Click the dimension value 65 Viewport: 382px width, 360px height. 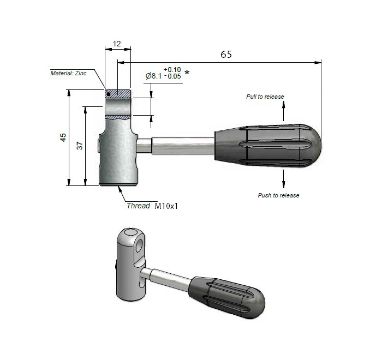[225, 54]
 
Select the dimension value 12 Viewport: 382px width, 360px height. [117, 43]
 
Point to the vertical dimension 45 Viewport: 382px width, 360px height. [63, 137]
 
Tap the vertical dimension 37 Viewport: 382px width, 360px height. [80, 146]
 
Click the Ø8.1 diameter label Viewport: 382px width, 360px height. [153, 76]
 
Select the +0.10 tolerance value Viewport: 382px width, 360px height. [172, 69]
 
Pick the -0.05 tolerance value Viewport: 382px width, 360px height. [172, 77]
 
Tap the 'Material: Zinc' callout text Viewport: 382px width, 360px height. [68, 73]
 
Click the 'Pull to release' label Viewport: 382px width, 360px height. [265, 97]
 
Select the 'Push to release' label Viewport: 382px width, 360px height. [278, 195]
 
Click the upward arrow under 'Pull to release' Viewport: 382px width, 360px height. [283, 111]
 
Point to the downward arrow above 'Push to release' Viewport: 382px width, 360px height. [283, 178]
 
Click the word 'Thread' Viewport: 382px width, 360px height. [138, 206]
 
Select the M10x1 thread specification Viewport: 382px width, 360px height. [167, 206]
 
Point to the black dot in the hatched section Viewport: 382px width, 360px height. [109, 94]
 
